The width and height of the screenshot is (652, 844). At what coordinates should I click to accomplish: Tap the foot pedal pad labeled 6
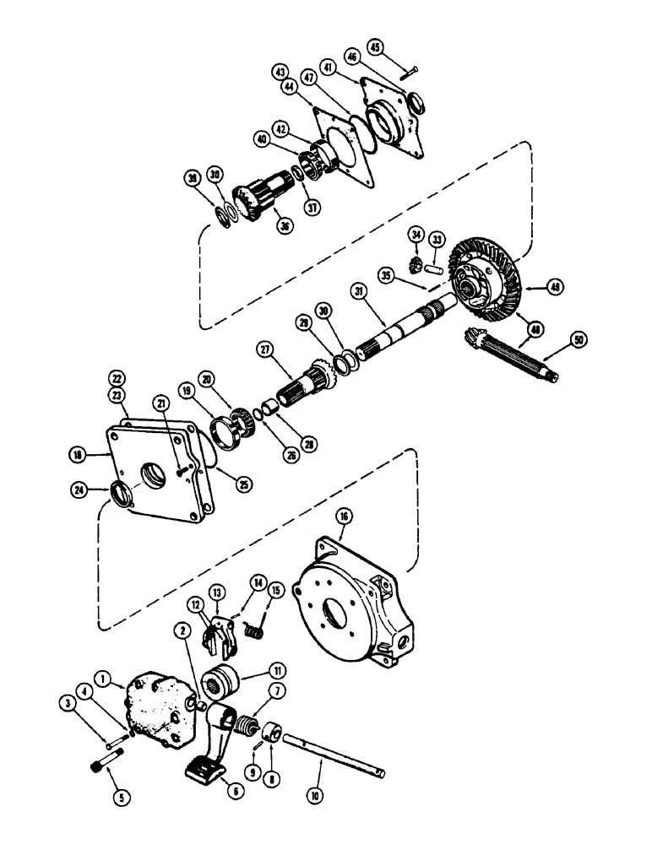coord(206,769)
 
